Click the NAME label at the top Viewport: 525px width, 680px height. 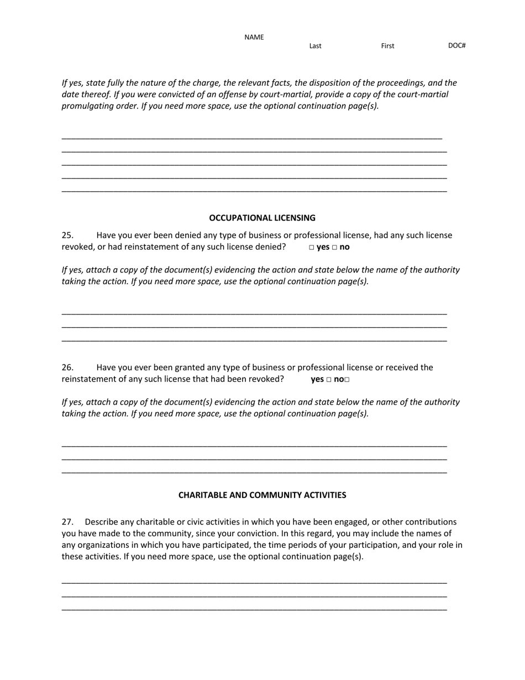254,38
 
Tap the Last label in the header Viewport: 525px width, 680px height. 315,46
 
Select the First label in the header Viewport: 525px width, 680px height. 387,46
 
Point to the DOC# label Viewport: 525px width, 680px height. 456,45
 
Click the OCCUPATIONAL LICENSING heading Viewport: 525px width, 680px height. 262,218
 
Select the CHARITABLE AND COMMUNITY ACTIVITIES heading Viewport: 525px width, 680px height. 262,495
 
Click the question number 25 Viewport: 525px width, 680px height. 67,236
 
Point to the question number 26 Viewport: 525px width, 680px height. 67,368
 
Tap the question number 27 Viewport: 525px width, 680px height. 67,522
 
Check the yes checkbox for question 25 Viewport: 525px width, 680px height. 312,248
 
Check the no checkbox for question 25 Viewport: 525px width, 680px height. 334,248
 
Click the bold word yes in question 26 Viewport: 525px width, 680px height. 317,379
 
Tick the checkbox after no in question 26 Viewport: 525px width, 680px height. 347,380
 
